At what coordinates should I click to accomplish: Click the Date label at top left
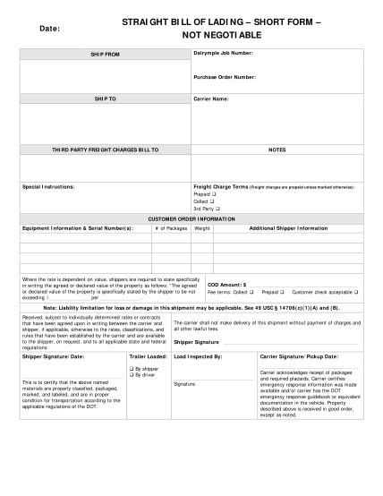(x=48, y=29)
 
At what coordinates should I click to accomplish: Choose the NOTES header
(x=277, y=150)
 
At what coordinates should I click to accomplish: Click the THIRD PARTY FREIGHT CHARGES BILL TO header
(x=105, y=150)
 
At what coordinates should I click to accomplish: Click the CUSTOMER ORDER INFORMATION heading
(x=191, y=218)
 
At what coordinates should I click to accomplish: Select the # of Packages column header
(x=170, y=227)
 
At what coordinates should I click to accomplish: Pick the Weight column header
(x=202, y=227)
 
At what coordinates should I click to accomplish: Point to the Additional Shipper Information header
(x=288, y=227)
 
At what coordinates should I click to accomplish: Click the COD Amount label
(x=226, y=284)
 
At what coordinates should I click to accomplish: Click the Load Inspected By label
(x=198, y=355)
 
